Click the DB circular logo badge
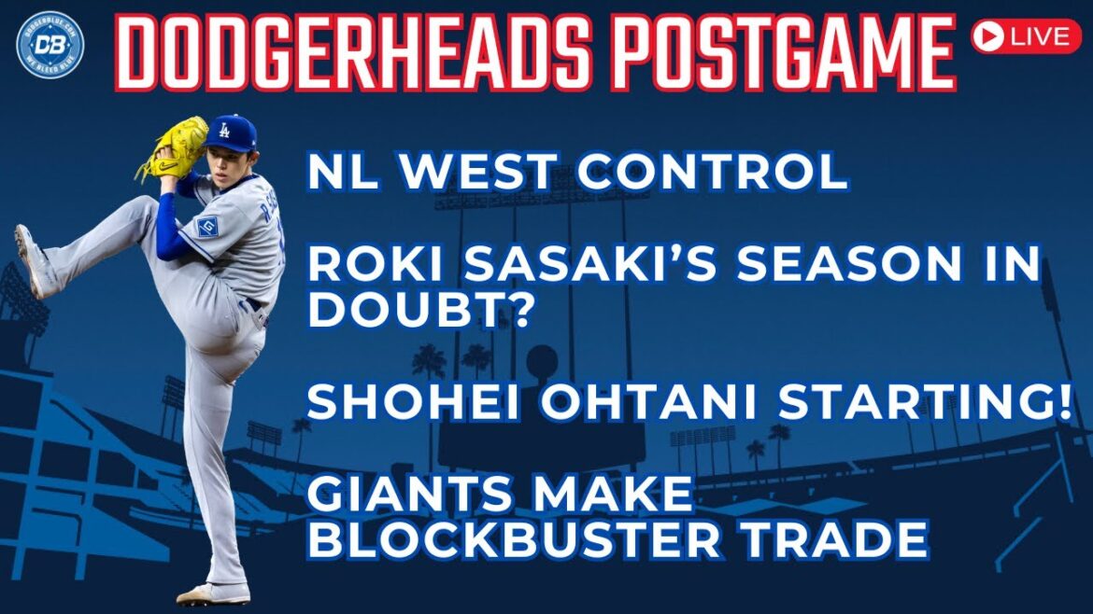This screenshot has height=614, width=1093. pos(50,44)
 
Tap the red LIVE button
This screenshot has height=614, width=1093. pos(1025,36)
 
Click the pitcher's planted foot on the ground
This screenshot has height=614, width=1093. pos(214,592)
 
